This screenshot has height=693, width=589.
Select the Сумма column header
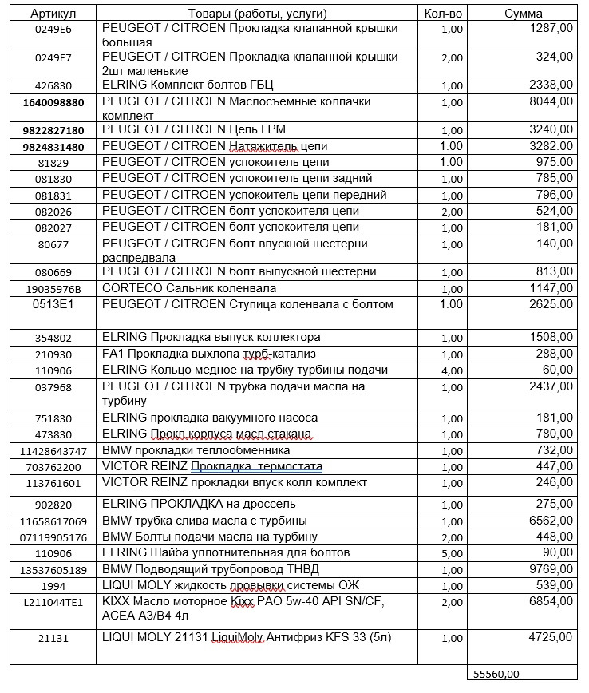point(524,14)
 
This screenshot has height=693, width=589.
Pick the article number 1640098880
point(53,102)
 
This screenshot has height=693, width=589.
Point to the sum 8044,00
point(550,101)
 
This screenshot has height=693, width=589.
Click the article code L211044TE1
point(53,603)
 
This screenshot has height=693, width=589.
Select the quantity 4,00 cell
point(451,370)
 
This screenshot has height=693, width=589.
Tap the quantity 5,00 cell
point(451,552)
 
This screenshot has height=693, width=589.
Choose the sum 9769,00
point(550,569)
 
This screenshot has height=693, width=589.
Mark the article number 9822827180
point(53,129)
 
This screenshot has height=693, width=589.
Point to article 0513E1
point(53,304)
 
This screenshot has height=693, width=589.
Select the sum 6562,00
point(550,521)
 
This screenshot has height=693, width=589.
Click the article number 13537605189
point(53,569)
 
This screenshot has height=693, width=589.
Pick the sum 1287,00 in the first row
point(550,28)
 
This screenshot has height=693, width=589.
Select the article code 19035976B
point(53,288)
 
